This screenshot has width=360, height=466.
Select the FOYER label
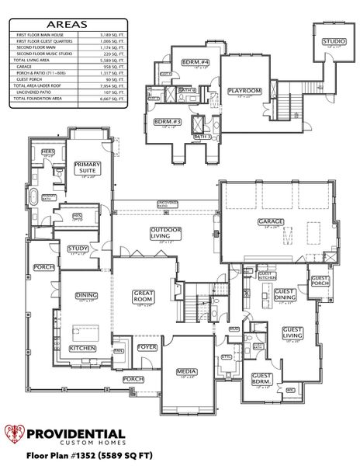147,347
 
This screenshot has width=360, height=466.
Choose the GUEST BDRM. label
261,378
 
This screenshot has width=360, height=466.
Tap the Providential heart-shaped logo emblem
16,436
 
